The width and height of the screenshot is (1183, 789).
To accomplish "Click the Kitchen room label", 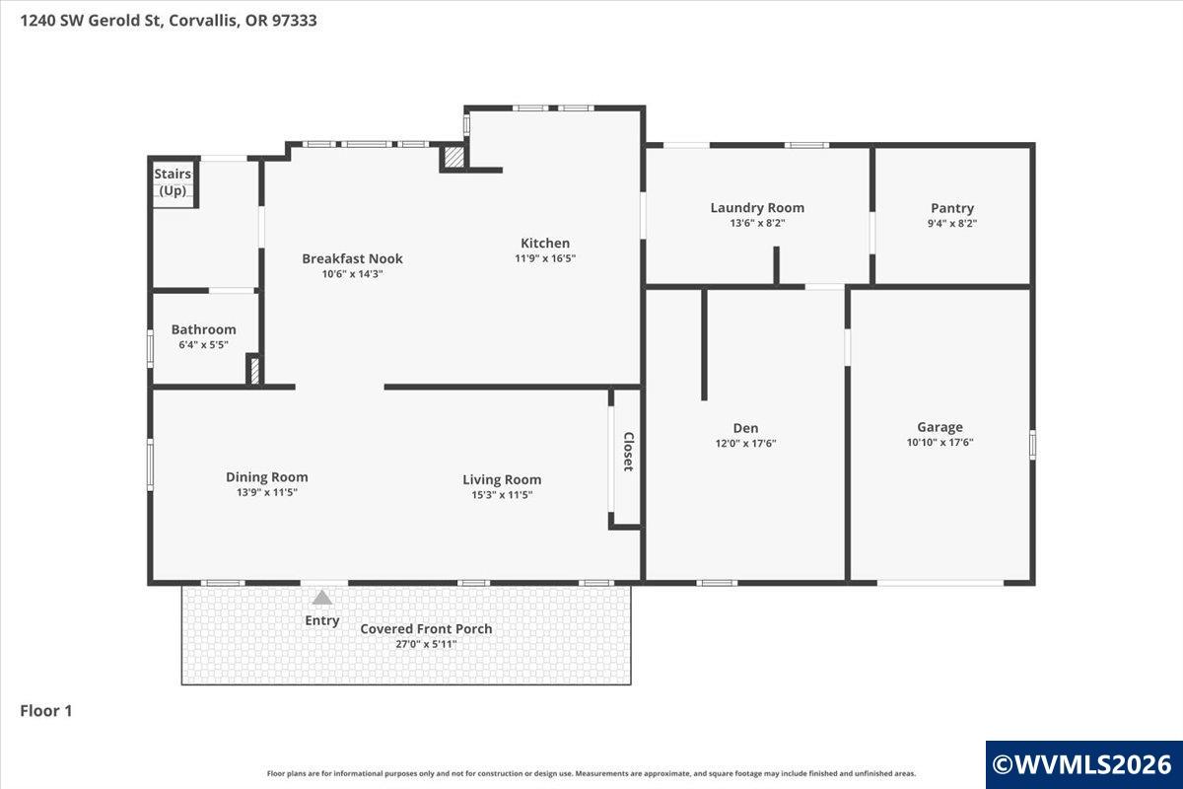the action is tap(545, 243).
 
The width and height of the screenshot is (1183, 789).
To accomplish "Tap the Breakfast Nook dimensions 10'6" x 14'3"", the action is tap(352, 274).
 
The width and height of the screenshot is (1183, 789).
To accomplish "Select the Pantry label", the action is tap(952, 208).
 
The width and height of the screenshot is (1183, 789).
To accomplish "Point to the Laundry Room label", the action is tap(757, 208).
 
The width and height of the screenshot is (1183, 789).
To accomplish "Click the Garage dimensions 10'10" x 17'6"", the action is tap(940, 442).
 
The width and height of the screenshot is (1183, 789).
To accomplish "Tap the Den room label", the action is tap(745, 428).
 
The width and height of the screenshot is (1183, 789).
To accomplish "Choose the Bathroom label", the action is tap(204, 329).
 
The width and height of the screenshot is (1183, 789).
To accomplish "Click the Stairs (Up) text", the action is tap(173, 181).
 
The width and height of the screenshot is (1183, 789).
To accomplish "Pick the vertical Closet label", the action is tap(629, 452).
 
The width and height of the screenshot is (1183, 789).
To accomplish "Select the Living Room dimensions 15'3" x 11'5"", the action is tap(502, 495).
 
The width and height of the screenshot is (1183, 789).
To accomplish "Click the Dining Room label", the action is tap(267, 477).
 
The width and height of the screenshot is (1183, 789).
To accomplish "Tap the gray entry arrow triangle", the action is tap(322, 598).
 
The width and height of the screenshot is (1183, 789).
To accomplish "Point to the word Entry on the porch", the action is tap(322, 620).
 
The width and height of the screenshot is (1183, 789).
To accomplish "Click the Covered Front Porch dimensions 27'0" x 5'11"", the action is tap(426, 644).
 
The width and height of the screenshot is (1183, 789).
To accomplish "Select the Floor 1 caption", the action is tap(46, 711).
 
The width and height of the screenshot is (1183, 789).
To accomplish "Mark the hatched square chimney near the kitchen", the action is tap(453, 158).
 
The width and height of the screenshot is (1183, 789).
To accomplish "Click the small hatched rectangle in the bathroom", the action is tap(254, 371).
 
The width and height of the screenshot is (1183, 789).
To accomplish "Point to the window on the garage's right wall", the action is tap(1032, 445).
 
